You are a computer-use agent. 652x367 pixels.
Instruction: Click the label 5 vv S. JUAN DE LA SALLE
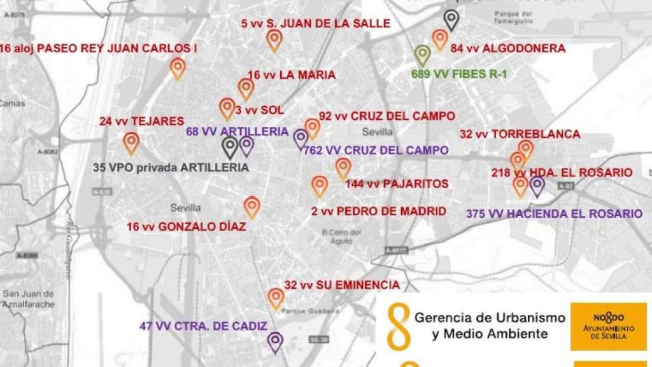[x=316, y=24]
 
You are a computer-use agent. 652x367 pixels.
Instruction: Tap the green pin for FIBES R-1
[x=422, y=55]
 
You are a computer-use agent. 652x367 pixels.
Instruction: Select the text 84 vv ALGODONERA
[x=507, y=48]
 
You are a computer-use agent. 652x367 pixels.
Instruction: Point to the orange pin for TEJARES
[x=131, y=142]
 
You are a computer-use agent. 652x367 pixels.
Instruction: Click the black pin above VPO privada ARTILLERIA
[x=230, y=147]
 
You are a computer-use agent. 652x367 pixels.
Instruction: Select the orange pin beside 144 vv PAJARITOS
[x=343, y=168]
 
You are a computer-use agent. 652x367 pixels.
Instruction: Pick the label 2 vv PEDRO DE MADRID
[x=378, y=211]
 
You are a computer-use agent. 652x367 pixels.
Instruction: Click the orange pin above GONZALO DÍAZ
[x=252, y=206]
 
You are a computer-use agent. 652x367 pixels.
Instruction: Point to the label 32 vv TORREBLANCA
[x=520, y=134]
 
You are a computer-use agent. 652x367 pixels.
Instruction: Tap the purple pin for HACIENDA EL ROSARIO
[x=537, y=185]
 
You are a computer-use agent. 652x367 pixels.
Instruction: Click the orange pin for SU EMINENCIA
[x=276, y=298]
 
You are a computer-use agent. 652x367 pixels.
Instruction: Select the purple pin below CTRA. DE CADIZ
[x=275, y=342]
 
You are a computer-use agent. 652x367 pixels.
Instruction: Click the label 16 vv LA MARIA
[x=291, y=75]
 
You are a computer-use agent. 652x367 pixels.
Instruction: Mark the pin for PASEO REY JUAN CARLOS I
[x=178, y=68]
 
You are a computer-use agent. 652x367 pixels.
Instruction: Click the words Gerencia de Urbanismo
[x=490, y=317]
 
